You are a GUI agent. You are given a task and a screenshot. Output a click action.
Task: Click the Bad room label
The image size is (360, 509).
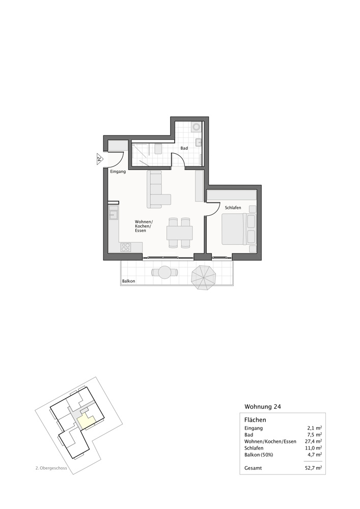pyautogui.click(x=184, y=148)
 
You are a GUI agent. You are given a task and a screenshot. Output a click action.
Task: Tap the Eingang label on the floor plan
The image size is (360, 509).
pyautogui.click(x=118, y=172)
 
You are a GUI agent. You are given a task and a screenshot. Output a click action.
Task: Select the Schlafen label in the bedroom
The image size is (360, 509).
pyautogui.click(x=233, y=208)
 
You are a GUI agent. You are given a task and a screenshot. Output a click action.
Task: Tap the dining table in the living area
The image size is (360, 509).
pyautogui.click(x=179, y=233)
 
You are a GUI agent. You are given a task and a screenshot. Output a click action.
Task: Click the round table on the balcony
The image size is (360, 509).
pyautogui.click(x=165, y=273)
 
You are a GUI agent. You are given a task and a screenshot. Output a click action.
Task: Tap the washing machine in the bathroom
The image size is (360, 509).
pyautogui.click(x=197, y=126)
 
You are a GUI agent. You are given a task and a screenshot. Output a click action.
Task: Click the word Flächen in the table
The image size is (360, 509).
pyautogui.click(x=256, y=420)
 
